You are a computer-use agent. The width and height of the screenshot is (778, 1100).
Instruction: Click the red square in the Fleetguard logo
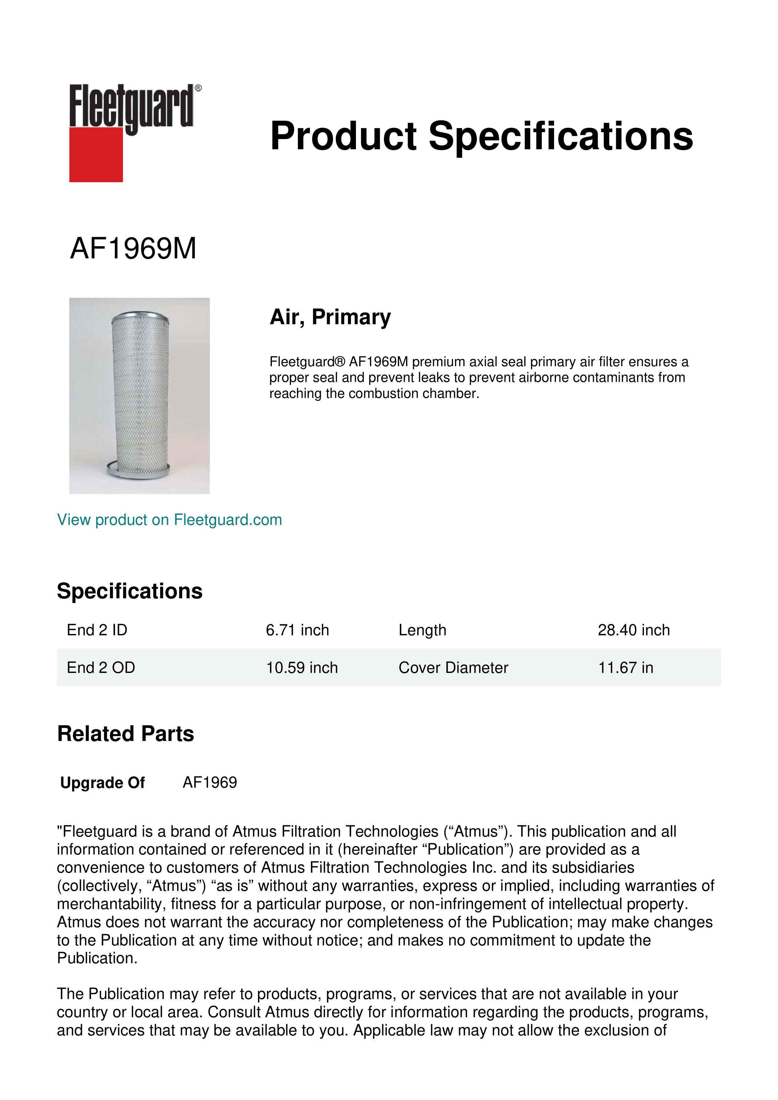tap(96, 154)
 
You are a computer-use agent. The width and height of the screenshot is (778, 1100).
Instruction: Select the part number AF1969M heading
tap(133, 249)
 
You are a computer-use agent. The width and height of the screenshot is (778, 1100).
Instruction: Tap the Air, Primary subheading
tap(330, 317)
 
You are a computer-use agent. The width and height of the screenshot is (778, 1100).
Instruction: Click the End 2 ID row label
tap(97, 630)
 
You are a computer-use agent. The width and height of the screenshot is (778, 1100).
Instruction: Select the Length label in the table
tap(422, 630)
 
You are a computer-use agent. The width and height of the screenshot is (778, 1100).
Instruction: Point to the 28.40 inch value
tap(633, 630)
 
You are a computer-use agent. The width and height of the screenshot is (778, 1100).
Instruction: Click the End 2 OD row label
tap(101, 667)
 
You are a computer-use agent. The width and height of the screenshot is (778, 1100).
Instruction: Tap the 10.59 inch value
tap(302, 667)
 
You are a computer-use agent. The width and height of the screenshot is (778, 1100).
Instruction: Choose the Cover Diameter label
tap(453, 667)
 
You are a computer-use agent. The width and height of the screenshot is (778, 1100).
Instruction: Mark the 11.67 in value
tap(625, 667)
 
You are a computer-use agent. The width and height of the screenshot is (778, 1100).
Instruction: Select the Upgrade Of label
tap(103, 783)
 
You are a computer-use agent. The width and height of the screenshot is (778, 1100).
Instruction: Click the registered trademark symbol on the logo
tap(198, 88)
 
